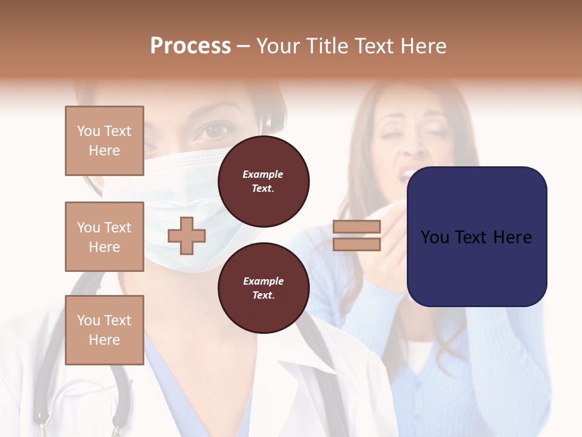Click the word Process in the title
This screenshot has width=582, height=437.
190,46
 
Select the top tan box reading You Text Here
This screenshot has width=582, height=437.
104,141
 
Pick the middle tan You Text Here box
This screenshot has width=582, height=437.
104,237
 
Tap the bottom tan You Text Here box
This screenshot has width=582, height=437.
104,330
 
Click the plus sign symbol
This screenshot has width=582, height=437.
187,235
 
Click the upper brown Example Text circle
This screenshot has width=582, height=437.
263,181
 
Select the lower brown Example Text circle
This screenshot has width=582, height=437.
263,288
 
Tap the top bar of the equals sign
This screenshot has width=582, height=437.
356,227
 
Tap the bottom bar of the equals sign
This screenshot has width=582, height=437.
356,245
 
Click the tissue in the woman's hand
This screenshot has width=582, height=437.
388,212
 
